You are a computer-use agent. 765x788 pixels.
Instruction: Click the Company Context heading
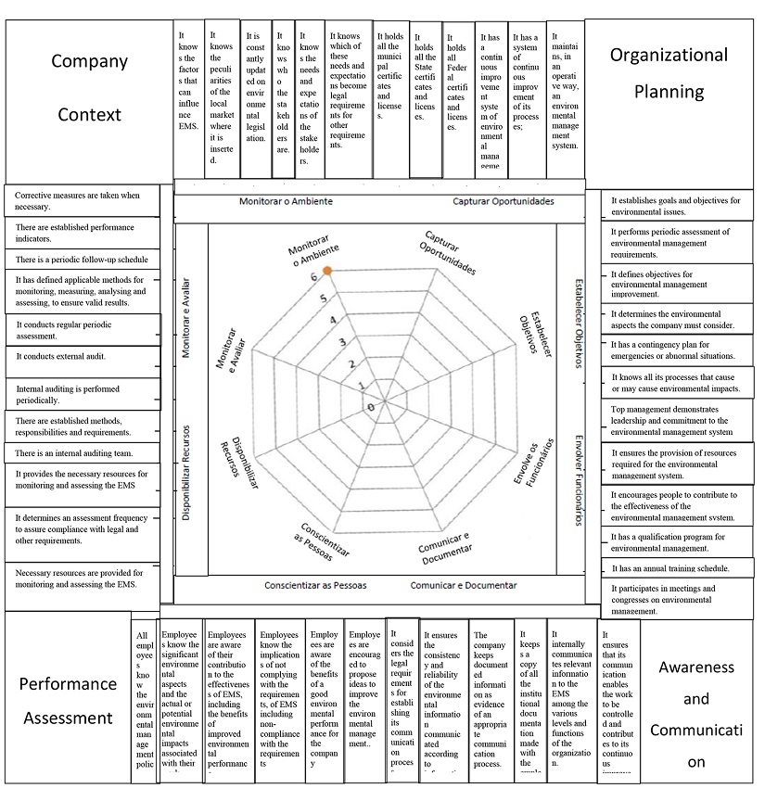point(89,89)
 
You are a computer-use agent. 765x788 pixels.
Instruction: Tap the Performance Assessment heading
point(69,701)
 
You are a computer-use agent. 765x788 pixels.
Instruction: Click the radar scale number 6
point(314,276)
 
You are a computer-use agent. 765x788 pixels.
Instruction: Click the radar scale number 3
point(342,342)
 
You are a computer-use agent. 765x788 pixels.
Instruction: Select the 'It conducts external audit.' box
point(82,357)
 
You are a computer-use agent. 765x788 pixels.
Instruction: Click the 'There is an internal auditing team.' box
point(82,453)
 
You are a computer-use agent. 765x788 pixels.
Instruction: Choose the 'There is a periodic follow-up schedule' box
point(82,261)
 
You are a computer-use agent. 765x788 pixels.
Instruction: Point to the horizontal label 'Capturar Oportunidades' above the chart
point(503,201)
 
